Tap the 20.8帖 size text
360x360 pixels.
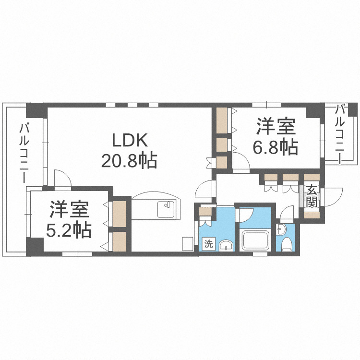[129, 161]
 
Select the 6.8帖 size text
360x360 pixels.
[275, 147]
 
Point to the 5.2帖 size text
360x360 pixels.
[69, 231]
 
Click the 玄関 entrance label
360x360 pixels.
[312, 196]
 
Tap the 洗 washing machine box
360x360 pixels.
[208, 243]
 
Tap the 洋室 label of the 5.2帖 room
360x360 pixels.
[69, 210]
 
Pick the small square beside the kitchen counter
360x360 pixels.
[186, 243]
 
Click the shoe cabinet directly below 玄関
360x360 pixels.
[312, 213]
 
